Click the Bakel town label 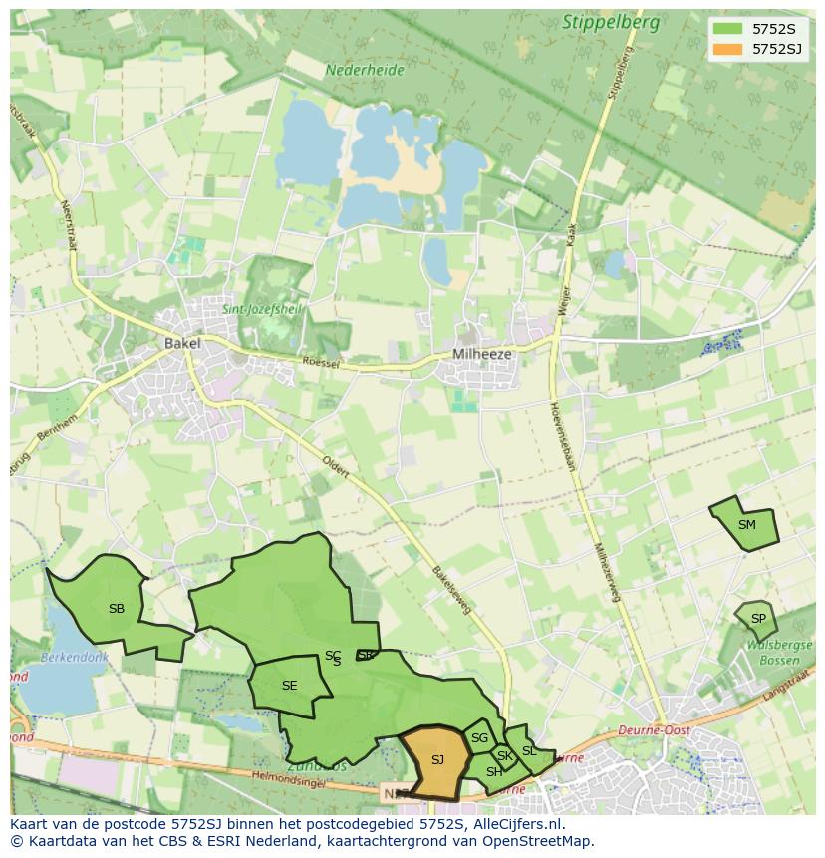182,343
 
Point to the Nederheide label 365,71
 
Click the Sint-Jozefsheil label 261,310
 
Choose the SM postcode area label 746,525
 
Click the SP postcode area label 758,619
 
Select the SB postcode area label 117,609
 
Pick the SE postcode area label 289,686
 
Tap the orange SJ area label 437,761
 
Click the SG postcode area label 480,738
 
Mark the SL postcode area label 529,750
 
